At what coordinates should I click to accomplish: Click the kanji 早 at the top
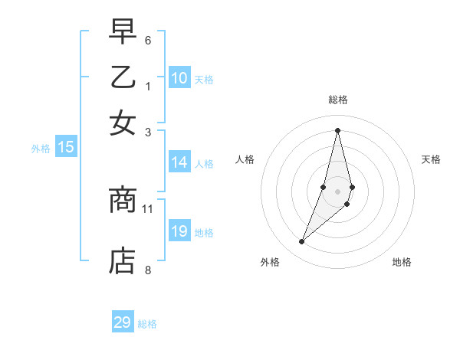coord(123,33)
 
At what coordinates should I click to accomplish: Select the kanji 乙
coord(123,77)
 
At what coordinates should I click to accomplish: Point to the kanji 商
coord(123,201)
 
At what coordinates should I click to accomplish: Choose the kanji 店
coord(123,260)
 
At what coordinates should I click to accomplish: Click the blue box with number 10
coord(179,78)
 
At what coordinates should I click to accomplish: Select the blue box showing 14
coord(179,162)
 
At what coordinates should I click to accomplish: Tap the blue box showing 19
coord(179,231)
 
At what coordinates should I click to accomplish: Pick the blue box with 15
coord(66,147)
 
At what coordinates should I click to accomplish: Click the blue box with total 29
coord(123,322)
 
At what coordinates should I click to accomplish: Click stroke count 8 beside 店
coord(148,269)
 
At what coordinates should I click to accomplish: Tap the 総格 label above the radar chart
coord(337,100)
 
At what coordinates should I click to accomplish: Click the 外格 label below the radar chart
coord(270,262)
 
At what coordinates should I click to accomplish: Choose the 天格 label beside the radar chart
coord(431,159)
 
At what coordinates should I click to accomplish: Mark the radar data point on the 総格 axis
coord(337,129)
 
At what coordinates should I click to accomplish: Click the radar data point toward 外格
coord(301,242)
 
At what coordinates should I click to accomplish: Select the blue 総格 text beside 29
coord(147,324)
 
